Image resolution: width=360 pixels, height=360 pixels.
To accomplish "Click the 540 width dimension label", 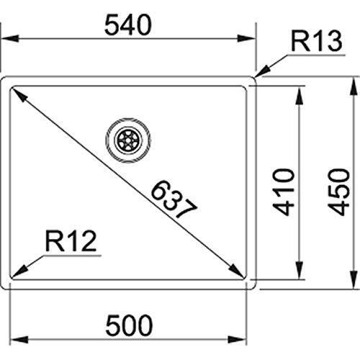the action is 128,25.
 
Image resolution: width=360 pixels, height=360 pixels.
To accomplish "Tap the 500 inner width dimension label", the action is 129,325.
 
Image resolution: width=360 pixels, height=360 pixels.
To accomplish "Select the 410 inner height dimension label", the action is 284,192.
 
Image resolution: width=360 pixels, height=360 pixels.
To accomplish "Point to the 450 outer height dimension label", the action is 339,192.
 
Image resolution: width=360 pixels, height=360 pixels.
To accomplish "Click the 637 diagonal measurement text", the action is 174,199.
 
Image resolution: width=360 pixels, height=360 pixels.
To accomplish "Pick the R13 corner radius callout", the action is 316,41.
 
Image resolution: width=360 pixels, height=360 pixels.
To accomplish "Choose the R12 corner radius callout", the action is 71,241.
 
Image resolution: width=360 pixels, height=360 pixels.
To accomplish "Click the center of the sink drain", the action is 128,140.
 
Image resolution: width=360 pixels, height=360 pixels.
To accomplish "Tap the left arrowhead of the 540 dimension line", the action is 9,38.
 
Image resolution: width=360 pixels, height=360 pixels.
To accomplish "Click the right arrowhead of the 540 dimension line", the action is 246,38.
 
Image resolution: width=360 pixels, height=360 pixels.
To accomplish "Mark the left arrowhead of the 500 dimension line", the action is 19,339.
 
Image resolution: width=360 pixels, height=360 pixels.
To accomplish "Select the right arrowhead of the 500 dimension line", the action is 237,339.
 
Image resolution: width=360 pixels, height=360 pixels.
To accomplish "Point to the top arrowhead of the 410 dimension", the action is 299,96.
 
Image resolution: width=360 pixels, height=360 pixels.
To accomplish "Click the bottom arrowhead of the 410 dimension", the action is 299,270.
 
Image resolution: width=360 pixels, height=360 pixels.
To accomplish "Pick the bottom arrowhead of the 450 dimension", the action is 354,279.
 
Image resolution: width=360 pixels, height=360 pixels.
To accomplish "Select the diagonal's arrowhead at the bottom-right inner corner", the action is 237,271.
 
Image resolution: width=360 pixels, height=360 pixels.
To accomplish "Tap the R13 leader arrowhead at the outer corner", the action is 262,72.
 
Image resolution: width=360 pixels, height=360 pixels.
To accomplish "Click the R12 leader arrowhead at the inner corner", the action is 19,272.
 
